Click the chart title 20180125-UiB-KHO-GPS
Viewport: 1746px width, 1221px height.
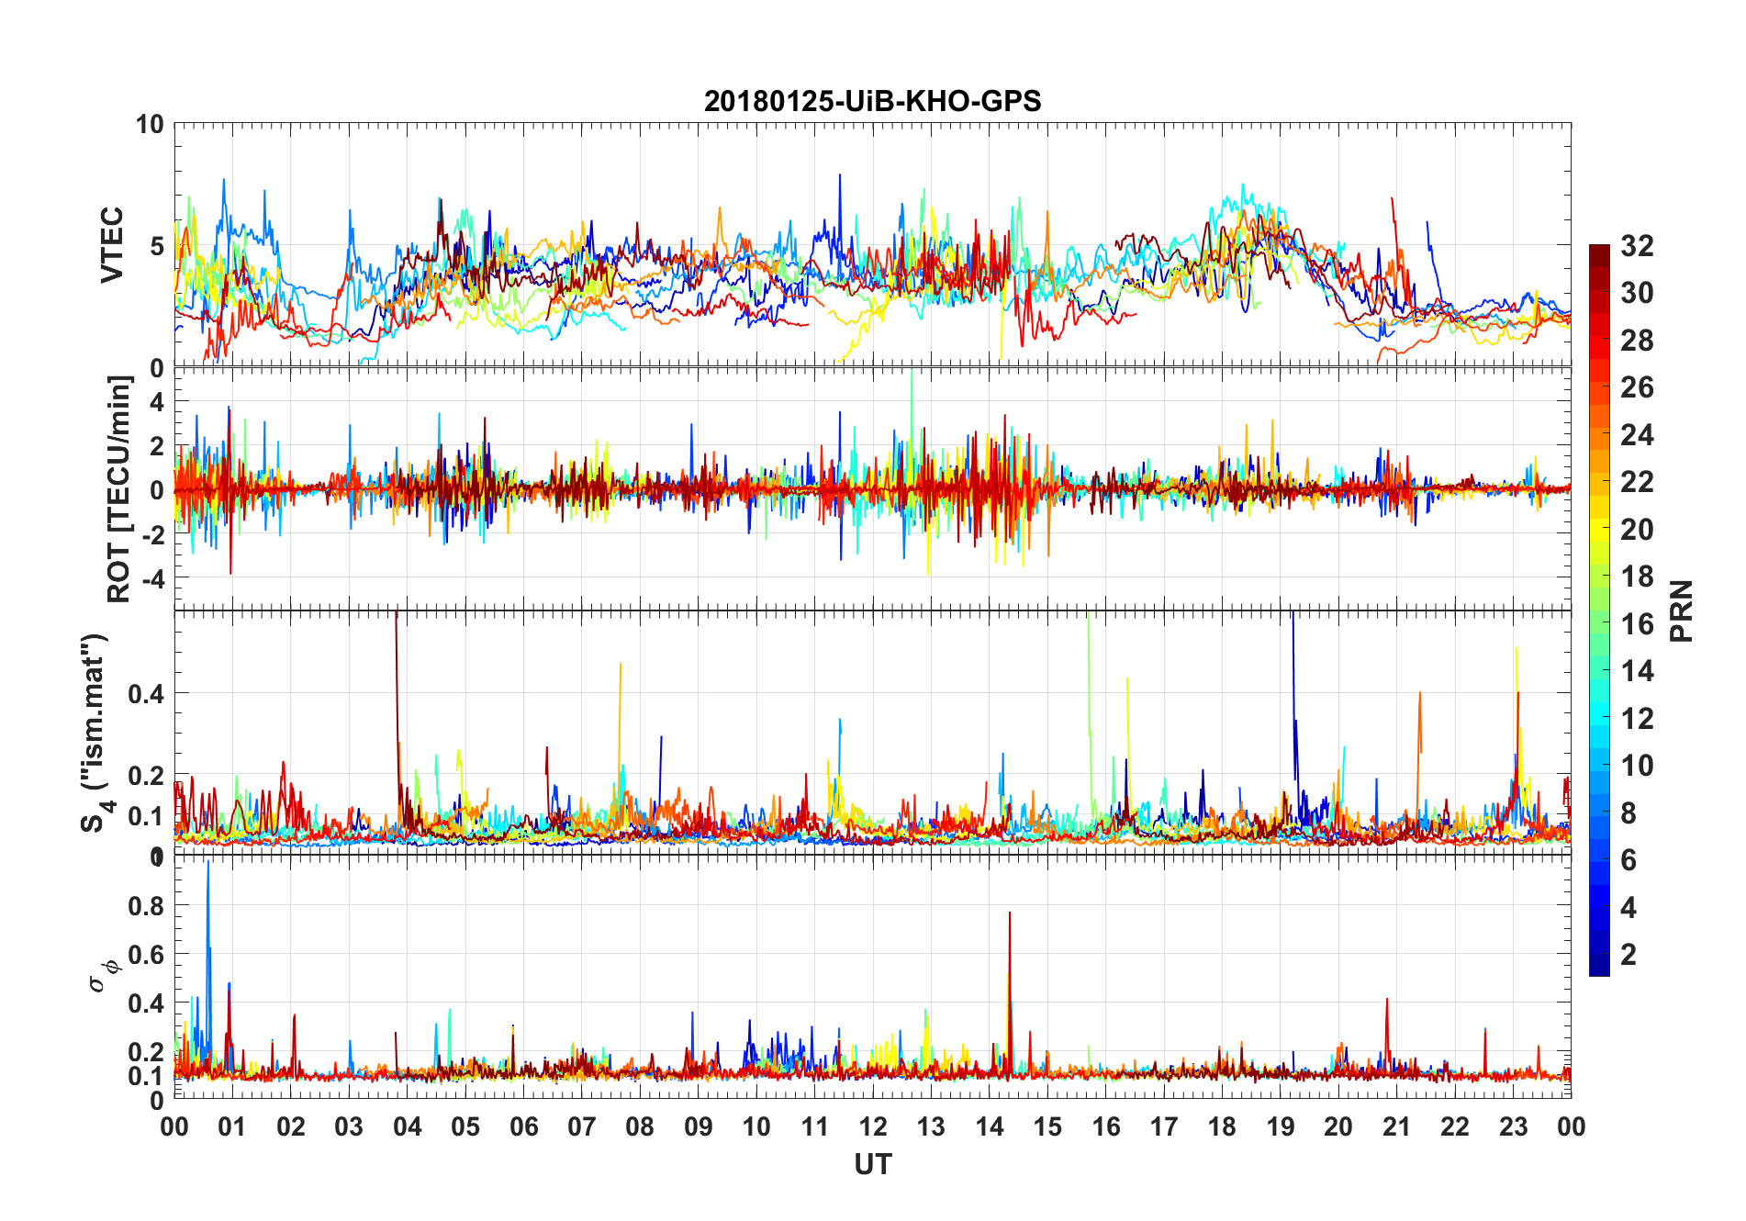click(872, 101)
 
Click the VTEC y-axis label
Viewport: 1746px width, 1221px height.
click(111, 245)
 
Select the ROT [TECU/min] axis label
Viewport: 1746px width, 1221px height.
click(119, 488)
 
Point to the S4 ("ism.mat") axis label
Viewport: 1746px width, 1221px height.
click(95, 733)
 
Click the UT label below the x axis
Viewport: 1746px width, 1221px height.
click(872, 1165)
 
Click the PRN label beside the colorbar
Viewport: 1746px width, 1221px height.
click(1681, 610)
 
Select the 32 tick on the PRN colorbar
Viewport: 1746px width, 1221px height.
click(1637, 246)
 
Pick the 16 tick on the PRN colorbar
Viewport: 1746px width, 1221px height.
click(1637, 624)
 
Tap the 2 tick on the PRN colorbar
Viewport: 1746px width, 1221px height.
click(1628, 955)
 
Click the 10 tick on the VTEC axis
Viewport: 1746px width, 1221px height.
click(150, 124)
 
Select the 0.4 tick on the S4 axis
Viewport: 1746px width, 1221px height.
click(146, 693)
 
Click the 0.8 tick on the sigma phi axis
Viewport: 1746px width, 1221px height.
click(146, 905)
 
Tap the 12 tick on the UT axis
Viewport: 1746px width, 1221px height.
click(873, 1126)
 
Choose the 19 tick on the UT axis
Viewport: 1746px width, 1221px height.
click(1281, 1126)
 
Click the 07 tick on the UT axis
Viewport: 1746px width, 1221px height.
click(582, 1126)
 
